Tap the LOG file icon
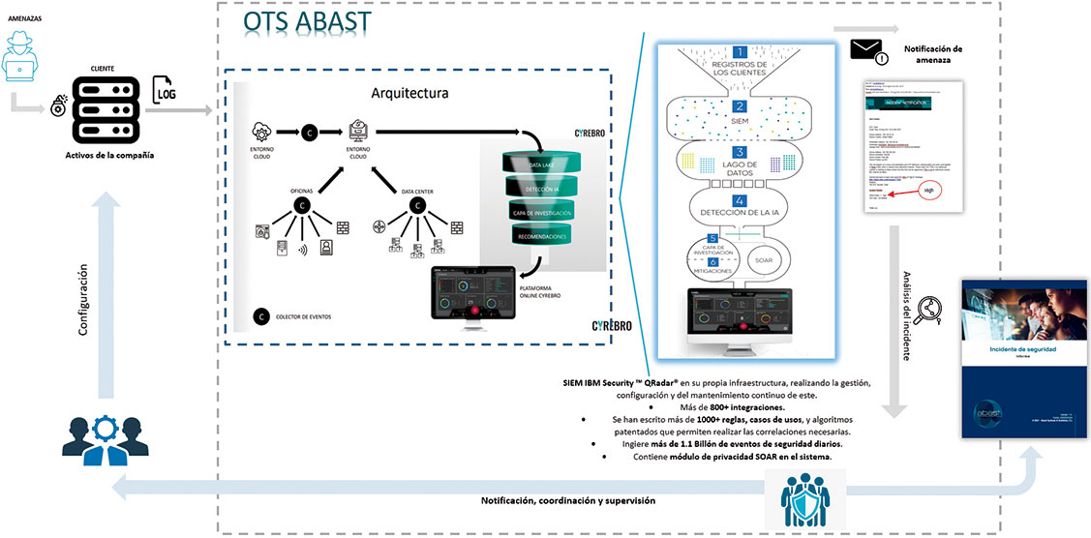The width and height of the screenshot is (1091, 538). click(x=164, y=89)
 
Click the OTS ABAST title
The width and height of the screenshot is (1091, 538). click(x=308, y=21)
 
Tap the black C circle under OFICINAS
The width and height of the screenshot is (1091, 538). click(x=302, y=205)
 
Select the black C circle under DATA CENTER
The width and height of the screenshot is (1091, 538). click(x=418, y=205)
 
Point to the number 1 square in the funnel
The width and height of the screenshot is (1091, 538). click(x=739, y=53)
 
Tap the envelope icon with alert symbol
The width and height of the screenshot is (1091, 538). click(x=870, y=51)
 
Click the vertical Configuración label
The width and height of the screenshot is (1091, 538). click(x=84, y=302)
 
